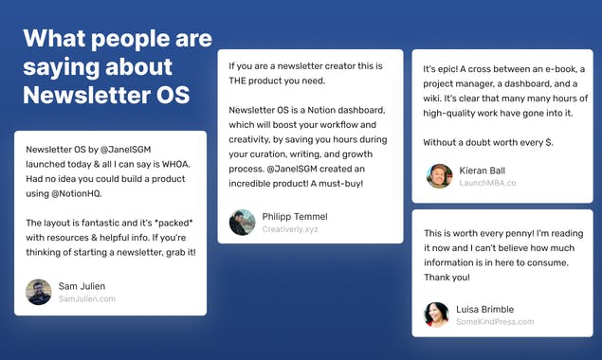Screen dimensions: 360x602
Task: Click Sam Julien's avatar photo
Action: point(39,292)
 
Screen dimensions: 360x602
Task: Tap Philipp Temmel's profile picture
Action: point(243,222)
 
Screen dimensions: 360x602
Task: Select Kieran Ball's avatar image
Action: point(439,175)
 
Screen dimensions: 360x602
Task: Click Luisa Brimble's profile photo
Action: point(437,315)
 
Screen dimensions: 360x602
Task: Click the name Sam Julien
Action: point(82,285)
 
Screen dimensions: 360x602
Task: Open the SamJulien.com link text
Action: point(86,298)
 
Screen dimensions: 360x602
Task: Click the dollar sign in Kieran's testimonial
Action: point(550,142)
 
